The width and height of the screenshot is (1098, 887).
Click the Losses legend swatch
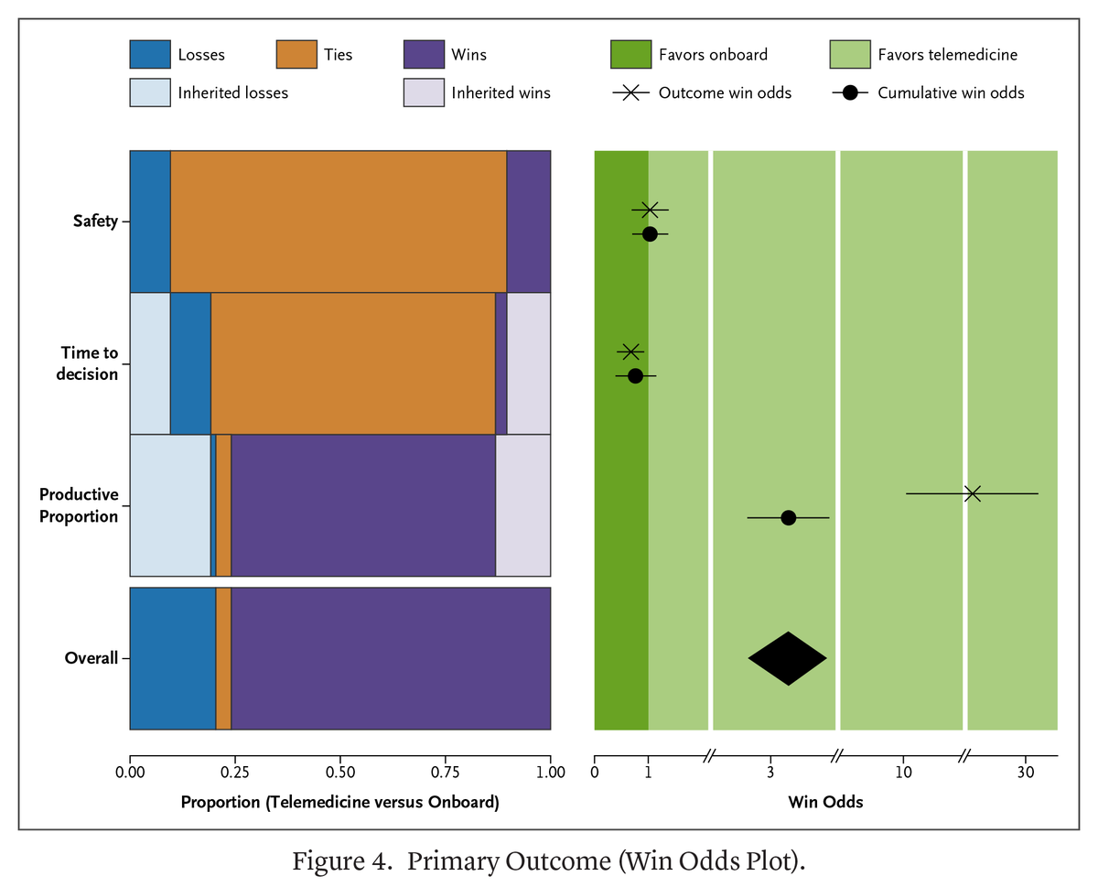click(x=150, y=54)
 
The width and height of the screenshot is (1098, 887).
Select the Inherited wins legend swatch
click(x=424, y=92)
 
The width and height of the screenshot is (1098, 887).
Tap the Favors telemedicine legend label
click(x=947, y=55)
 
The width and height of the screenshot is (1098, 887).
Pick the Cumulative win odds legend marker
click(x=849, y=92)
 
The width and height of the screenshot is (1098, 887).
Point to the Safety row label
click(x=96, y=221)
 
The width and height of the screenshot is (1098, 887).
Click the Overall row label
click(x=91, y=658)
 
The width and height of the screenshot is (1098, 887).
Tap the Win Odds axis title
click(x=825, y=803)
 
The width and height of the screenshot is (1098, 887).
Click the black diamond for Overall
click(x=788, y=658)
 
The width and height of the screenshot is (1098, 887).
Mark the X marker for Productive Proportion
click(x=973, y=493)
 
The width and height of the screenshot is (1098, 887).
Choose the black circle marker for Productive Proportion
click(x=789, y=518)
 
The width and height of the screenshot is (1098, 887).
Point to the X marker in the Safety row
click(x=650, y=210)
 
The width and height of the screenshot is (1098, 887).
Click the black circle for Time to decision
click(x=636, y=375)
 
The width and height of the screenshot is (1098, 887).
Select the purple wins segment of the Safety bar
click(x=529, y=221)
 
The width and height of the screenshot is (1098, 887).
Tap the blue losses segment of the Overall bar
click(x=173, y=658)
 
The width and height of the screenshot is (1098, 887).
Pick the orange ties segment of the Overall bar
click(x=223, y=658)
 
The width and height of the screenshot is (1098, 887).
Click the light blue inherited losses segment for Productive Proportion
click(x=170, y=505)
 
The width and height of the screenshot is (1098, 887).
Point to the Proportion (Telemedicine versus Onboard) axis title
click(x=339, y=803)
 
